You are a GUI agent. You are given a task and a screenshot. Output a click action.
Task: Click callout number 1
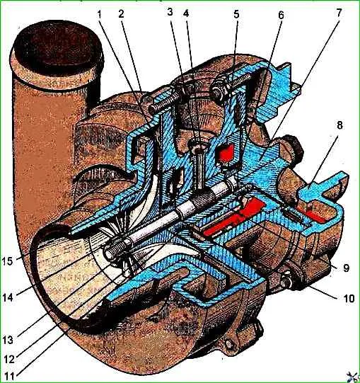pyautogui.click(x=99, y=15)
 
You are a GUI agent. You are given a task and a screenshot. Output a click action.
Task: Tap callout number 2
pyautogui.click(x=122, y=14)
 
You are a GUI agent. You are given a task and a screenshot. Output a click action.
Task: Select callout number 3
pyautogui.click(x=170, y=12)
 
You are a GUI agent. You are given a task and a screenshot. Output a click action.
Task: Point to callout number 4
pyautogui.click(x=186, y=13)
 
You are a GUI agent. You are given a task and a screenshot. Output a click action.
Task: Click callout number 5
pyautogui.click(x=236, y=14)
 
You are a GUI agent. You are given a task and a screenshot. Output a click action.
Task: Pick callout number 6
pyautogui.click(x=281, y=15)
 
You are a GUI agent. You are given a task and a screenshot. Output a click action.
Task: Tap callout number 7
pyautogui.click(x=339, y=13)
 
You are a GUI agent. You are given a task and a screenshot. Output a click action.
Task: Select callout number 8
pyautogui.click(x=339, y=125)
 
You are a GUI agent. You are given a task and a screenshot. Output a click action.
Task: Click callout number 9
pyautogui.click(x=347, y=268)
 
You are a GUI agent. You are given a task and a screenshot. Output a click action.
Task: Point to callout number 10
pyautogui.click(x=349, y=298)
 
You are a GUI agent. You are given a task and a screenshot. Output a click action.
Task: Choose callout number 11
pyautogui.click(x=8, y=375)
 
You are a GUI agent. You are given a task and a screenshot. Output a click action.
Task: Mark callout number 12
pyautogui.click(x=9, y=360)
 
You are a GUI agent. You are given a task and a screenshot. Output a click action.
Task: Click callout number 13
pyautogui.click(x=8, y=340)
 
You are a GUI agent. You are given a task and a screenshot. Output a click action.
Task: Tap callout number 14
pyautogui.click(x=8, y=298)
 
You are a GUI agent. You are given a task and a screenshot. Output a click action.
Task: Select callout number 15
pyautogui.click(x=7, y=261)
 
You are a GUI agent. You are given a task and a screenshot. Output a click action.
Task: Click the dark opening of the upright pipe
pyautogui.click(x=57, y=47)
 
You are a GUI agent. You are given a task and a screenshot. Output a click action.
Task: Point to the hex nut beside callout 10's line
pyautogui.click(x=286, y=281)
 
